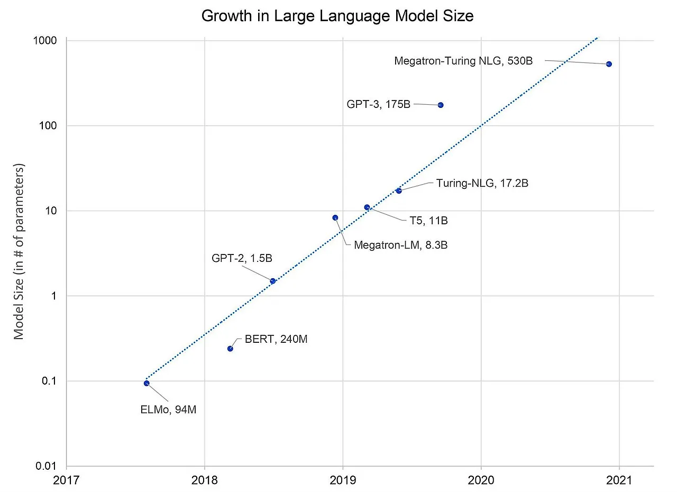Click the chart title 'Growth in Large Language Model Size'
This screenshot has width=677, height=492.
click(337, 16)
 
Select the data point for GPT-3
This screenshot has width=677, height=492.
click(441, 105)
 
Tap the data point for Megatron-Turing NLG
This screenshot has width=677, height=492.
click(609, 64)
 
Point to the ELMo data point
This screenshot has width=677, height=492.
click(147, 383)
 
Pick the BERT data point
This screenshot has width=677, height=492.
click(230, 349)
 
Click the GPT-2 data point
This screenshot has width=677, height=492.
click(272, 281)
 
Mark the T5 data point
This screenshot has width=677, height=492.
click(367, 207)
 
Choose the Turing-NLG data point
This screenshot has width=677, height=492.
click(399, 190)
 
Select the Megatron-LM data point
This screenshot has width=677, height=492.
click(335, 217)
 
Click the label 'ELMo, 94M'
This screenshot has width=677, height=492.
click(168, 409)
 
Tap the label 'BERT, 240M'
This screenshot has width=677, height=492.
click(276, 339)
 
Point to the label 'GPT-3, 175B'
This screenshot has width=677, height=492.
click(378, 104)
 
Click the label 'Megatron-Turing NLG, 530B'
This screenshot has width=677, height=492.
click(463, 61)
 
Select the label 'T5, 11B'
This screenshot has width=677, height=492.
click(428, 221)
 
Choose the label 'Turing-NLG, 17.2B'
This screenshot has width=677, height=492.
click(482, 183)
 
